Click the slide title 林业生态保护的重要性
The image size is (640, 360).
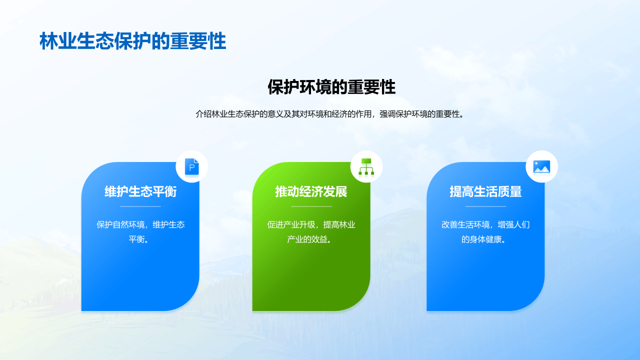pyautogui.click(x=133, y=41)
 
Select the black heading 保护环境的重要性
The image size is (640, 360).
pyautogui.click(x=331, y=87)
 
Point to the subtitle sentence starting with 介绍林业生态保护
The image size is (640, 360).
pyautogui.click(x=330, y=114)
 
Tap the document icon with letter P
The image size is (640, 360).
pyautogui.click(x=192, y=166)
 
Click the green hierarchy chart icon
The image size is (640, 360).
pyautogui.click(x=366, y=166)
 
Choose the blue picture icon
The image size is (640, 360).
pyautogui.click(x=541, y=166)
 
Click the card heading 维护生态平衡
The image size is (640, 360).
pyautogui.click(x=140, y=191)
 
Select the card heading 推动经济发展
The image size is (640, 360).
pyautogui.click(x=311, y=191)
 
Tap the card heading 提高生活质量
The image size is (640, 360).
pyautogui.click(x=485, y=191)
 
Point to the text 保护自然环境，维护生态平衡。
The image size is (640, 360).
pyautogui.click(x=140, y=231)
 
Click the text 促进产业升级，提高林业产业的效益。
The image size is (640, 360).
pyautogui.click(x=311, y=231)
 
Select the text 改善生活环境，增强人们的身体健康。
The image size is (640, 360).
pyautogui.click(x=485, y=231)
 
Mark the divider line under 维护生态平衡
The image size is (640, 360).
pyautogui.click(x=140, y=206)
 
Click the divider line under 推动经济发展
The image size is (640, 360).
pyautogui.click(x=311, y=206)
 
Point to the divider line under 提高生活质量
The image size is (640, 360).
pyautogui.click(x=485, y=206)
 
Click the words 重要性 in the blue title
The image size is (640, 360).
pyautogui.click(x=198, y=41)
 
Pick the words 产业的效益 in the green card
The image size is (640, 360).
pyautogui.click(x=307, y=239)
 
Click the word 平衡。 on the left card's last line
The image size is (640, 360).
pyautogui.click(x=138, y=239)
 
